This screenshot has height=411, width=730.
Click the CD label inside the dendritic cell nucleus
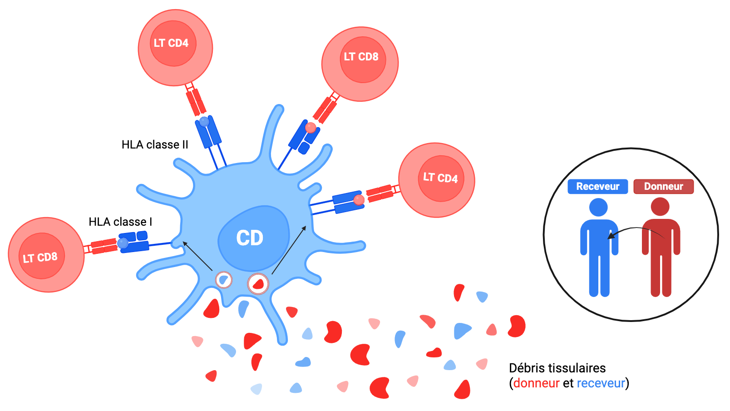click(x=250, y=238)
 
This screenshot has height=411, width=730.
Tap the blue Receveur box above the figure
click(x=597, y=186)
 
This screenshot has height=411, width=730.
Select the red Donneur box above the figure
click(x=663, y=186)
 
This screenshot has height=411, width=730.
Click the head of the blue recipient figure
click(x=598, y=207)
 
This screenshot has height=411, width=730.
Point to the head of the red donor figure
click(x=660, y=207)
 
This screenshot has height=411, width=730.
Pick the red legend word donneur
click(x=536, y=383)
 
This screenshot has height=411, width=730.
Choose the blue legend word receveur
click(x=601, y=383)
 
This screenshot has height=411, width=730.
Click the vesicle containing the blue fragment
click(x=224, y=280)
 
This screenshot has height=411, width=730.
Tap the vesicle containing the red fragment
click(x=258, y=284)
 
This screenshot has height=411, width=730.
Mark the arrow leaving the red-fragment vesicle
click(x=289, y=249)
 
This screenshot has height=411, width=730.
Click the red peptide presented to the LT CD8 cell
click(x=311, y=128)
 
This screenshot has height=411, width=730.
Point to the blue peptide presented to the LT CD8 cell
click(x=123, y=243)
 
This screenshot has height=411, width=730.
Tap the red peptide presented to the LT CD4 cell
click(x=359, y=200)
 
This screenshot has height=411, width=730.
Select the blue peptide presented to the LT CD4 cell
click(x=204, y=121)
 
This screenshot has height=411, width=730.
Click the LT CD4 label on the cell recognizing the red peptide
click(x=440, y=178)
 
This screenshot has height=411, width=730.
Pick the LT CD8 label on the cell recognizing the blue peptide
click(x=40, y=257)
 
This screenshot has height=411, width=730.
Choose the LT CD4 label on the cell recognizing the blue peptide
click(x=171, y=43)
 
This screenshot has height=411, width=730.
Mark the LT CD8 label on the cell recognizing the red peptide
click(x=361, y=57)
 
